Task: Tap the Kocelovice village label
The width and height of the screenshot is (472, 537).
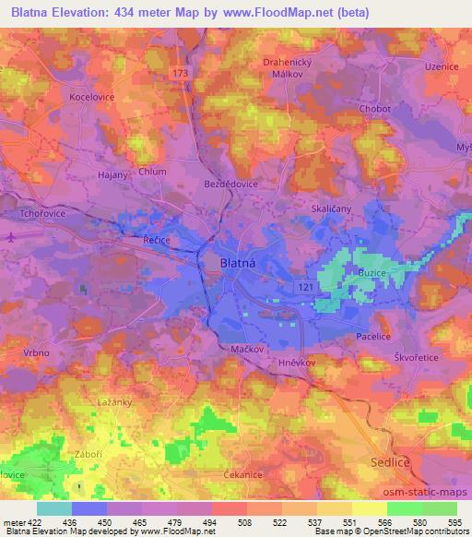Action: point(92,95)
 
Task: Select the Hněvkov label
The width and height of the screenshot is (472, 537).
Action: point(298,364)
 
